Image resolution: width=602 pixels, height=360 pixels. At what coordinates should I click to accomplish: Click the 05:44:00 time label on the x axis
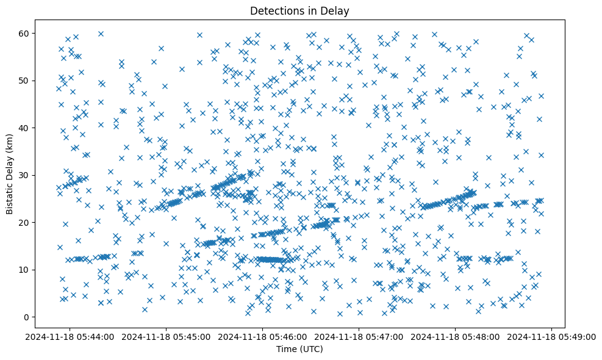[x=70, y=336]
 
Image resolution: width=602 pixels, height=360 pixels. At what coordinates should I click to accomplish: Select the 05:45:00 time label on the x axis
[x=166, y=336]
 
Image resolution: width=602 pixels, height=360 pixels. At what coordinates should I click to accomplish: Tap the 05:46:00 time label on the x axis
[x=263, y=336]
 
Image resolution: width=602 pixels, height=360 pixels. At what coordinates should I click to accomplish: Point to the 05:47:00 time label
[x=359, y=336]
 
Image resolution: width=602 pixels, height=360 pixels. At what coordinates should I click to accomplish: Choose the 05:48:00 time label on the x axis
[x=456, y=336]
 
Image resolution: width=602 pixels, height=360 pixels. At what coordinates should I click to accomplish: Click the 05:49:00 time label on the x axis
[x=553, y=336]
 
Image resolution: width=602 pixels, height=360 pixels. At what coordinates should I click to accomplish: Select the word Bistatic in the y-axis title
[x=10, y=196]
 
